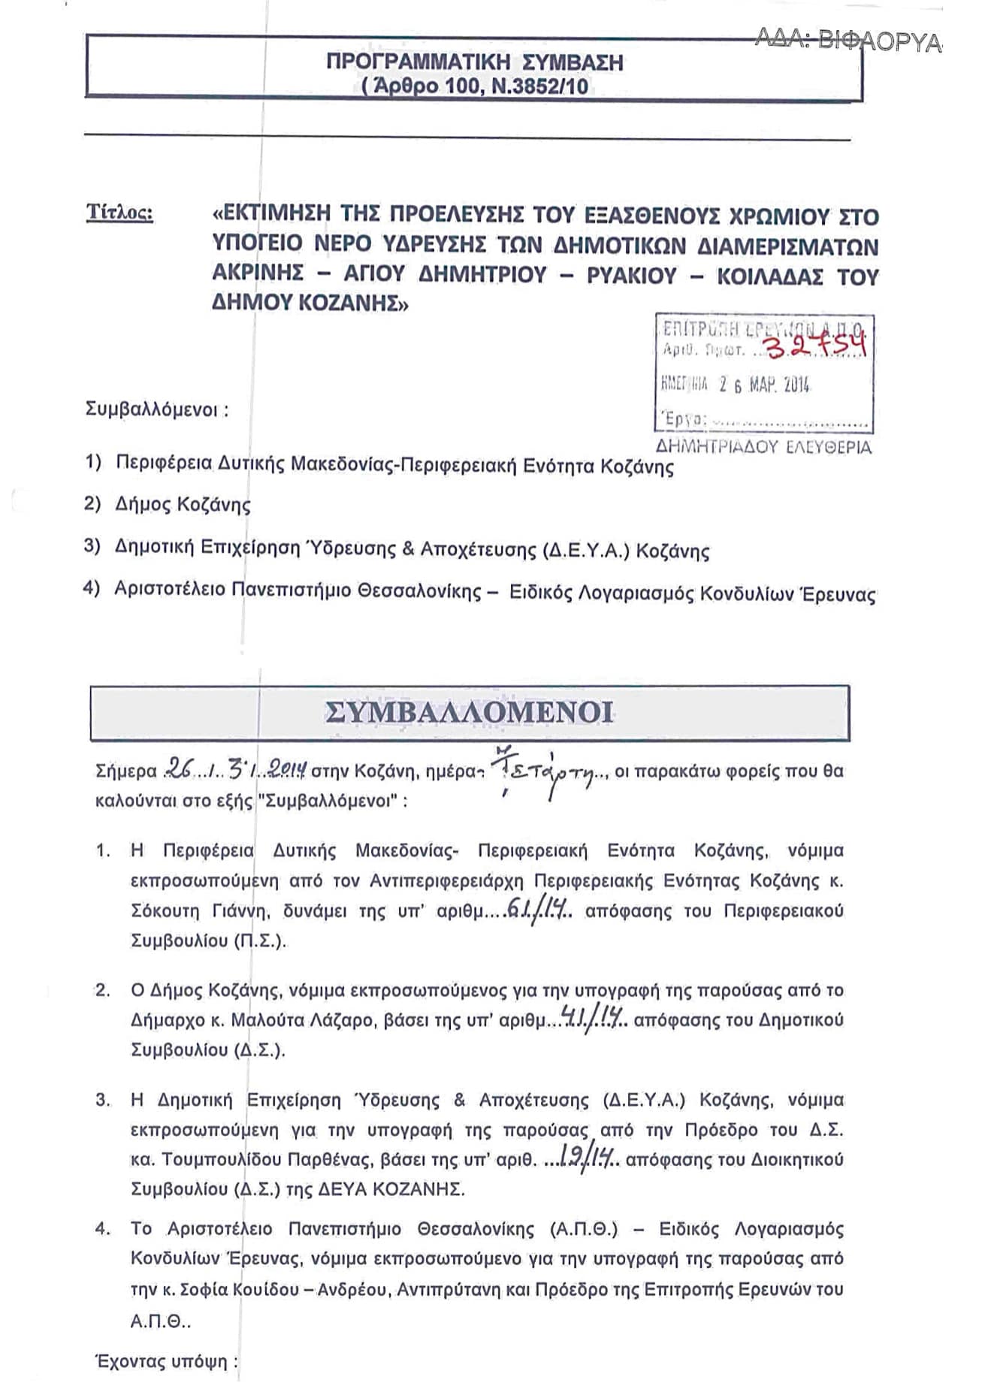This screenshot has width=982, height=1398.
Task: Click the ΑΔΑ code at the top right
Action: click(848, 39)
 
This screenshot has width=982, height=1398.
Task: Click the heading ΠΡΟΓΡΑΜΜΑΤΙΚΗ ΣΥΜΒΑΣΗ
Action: click(475, 62)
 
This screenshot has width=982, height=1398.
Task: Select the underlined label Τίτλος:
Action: click(120, 213)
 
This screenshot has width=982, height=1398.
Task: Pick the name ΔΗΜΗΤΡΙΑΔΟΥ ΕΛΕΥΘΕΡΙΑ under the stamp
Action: click(763, 448)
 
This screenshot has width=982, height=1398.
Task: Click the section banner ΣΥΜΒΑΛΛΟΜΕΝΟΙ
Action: click(470, 711)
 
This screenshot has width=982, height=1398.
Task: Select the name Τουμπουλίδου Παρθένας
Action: click(266, 1159)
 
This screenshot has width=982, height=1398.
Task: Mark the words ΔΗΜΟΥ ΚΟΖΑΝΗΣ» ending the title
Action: click(310, 303)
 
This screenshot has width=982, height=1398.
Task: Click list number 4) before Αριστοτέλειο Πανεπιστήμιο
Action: click(92, 587)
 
